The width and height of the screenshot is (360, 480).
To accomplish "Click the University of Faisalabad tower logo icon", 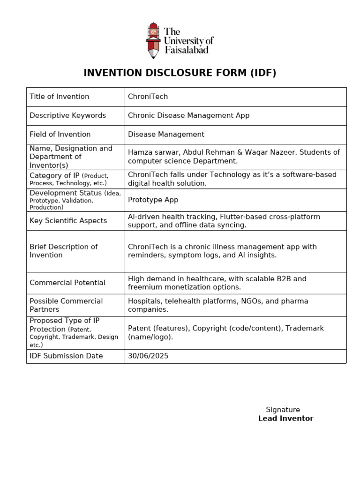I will coord(153,40).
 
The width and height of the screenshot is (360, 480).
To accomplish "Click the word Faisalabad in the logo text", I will coord(186,50).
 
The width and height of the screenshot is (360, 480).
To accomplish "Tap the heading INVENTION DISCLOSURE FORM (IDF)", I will coord(180,73).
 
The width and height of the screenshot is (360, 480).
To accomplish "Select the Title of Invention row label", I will coord(59,97).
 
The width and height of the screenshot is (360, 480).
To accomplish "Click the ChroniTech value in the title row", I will coord(148,97).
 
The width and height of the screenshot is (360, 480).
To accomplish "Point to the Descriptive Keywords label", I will coord(67,115).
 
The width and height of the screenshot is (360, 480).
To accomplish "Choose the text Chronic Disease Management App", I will coord(188,115).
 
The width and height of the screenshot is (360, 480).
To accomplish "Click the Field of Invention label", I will coord(60,134).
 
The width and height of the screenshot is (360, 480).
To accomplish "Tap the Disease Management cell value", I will coord(166,134).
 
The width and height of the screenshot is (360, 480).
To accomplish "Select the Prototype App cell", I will coord(153,200).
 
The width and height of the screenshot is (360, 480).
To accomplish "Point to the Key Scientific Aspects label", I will coord(68,221).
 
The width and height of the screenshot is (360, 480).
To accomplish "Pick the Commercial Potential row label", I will coord(67,283).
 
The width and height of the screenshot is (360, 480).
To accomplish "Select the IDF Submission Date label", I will coord(66,356).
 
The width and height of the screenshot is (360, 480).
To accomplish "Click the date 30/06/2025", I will coord(148,356).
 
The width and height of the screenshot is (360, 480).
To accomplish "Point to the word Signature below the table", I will coord(283,410).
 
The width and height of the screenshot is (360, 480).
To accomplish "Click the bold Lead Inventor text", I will coord(285,419).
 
